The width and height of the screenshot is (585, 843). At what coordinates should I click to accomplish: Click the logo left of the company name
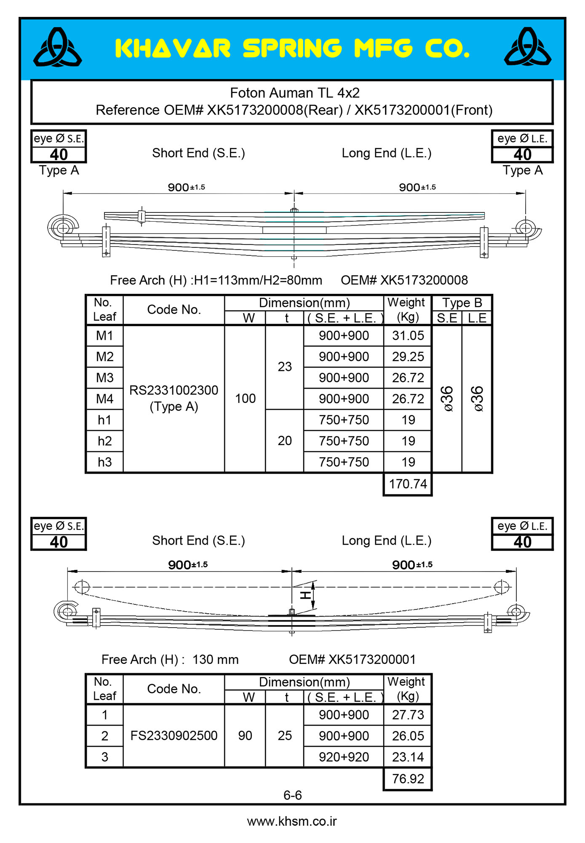[58, 48]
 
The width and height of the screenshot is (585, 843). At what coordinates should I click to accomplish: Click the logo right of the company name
[528, 48]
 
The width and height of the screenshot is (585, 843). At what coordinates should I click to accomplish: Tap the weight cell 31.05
[408, 336]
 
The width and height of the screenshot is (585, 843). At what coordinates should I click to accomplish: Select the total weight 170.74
[408, 484]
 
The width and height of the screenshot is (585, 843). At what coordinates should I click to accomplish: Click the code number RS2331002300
[174, 390]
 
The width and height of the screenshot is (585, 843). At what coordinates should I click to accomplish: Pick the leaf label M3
[104, 378]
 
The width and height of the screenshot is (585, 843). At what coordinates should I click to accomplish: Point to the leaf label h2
[104, 441]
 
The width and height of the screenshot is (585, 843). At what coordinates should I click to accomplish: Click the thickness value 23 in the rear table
[285, 367]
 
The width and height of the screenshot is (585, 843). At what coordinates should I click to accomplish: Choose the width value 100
[245, 398]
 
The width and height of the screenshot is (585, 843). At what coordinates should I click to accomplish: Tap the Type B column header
[462, 303]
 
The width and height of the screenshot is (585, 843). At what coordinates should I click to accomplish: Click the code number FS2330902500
[174, 736]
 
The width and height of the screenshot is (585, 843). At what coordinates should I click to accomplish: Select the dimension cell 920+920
[344, 757]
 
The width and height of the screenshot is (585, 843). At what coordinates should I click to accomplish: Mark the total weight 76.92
[408, 779]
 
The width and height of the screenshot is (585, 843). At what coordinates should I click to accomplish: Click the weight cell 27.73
[408, 715]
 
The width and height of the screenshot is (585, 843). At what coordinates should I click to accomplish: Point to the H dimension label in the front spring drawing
[305, 595]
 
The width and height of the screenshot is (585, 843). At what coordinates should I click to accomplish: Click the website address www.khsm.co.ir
[292, 821]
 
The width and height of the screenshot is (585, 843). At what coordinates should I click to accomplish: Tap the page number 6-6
[292, 795]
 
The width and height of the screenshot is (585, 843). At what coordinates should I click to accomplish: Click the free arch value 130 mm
[215, 659]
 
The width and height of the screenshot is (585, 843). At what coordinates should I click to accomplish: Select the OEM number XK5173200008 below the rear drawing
[404, 280]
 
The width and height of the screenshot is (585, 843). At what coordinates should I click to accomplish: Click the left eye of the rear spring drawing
[63, 228]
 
